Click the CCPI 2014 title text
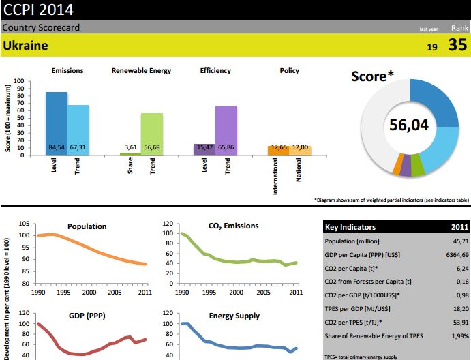[x=38, y=10]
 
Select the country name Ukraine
[x=25, y=46]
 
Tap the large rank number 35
[x=457, y=46]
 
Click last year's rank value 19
[x=432, y=47]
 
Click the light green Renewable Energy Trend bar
[x=152, y=130]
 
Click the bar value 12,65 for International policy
[x=278, y=147]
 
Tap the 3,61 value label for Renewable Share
[x=131, y=147]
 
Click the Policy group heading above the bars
[x=289, y=70]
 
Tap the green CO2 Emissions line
[x=232, y=260]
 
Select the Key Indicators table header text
[x=350, y=227]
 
